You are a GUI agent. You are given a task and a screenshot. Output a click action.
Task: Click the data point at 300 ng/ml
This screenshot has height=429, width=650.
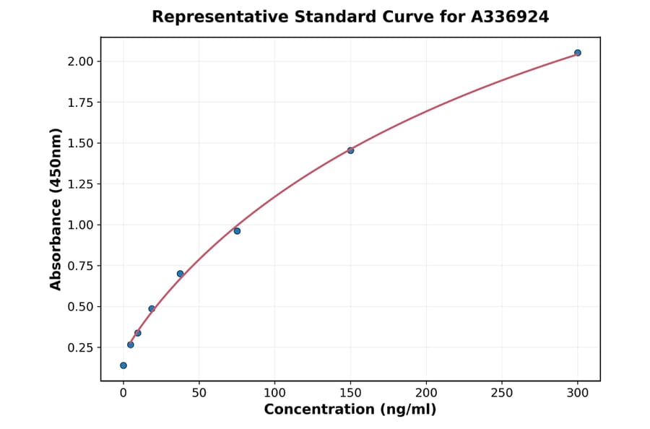(x=578, y=53)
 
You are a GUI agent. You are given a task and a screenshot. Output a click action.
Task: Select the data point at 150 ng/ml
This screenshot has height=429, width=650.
(x=350, y=150)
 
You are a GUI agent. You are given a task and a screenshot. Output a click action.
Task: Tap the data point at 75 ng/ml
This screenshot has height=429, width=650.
(x=237, y=231)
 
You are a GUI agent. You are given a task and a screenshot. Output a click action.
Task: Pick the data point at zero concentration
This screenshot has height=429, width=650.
(x=123, y=365)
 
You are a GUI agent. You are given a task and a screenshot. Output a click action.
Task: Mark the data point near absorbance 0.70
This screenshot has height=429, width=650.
(x=180, y=274)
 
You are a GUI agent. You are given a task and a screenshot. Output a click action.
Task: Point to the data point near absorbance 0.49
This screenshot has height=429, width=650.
(x=152, y=308)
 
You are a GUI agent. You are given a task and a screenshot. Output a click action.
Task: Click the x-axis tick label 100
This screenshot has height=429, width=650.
(x=274, y=394)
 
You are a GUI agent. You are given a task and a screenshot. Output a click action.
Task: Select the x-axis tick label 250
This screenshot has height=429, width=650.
(x=502, y=394)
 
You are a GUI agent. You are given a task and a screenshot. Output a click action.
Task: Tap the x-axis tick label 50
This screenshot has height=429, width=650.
(x=199, y=394)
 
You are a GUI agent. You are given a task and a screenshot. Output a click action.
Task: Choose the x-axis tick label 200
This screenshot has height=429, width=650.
(x=426, y=394)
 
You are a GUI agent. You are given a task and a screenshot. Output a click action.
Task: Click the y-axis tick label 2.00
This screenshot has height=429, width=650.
(x=80, y=61)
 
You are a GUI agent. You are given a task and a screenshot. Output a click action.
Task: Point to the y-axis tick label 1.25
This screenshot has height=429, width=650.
(x=80, y=184)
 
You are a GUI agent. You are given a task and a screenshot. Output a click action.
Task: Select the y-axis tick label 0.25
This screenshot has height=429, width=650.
(x=80, y=347)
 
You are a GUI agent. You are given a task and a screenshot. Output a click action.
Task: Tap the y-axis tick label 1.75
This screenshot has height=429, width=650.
(x=80, y=103)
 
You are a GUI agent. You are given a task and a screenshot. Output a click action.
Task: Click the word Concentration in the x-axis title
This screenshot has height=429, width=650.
(x=318, y=410)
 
